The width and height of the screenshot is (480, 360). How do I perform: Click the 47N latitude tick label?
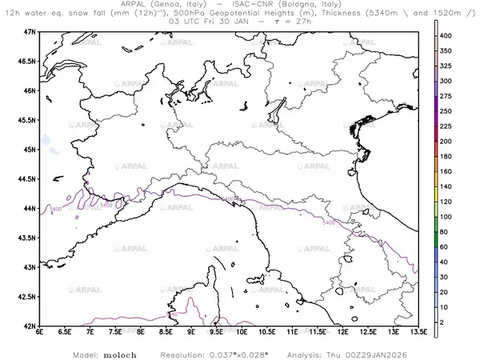pos(30,31)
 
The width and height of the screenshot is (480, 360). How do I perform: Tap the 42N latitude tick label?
pos(30,326)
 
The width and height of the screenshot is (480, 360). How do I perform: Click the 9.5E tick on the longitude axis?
pos(216,333)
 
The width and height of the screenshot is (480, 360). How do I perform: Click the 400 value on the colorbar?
pos(450,36)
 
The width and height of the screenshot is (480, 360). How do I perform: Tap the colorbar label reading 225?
pos(450,126)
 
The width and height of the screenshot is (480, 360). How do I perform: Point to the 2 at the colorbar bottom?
pos(446,321)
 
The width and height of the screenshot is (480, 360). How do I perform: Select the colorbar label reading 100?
pos(450,217)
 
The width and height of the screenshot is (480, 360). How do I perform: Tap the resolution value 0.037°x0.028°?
pos(239,353)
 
